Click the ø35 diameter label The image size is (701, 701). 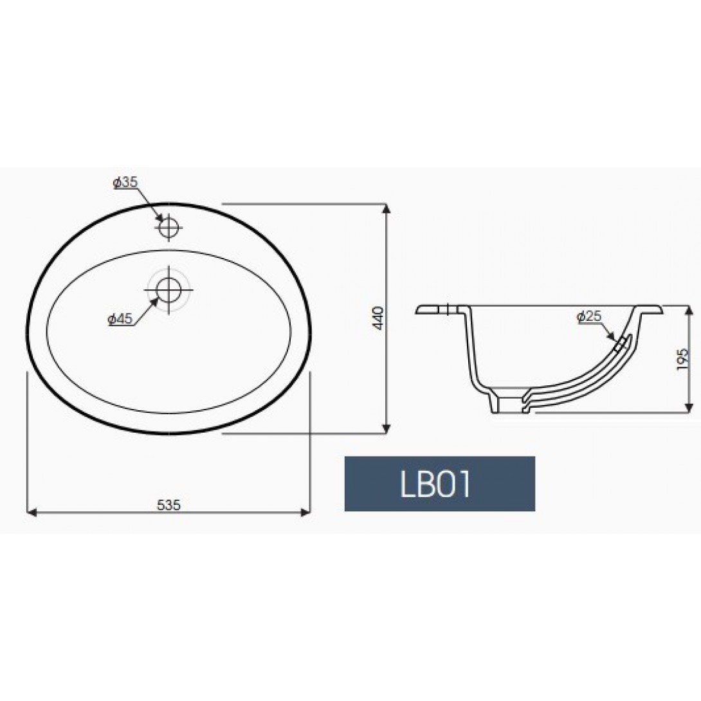(x=125, y=183)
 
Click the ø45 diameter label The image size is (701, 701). (x=120, y=319)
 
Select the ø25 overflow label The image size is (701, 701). (x=590, y=316)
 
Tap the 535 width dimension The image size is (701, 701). (x=168, y=505)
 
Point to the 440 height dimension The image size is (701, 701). (x=378, y=318)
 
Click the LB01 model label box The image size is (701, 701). (x=439, y=484)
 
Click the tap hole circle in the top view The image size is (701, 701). (x=169, y=228)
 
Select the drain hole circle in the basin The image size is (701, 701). (x=169, y=289)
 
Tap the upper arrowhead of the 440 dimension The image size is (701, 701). (x=387, y=209)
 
